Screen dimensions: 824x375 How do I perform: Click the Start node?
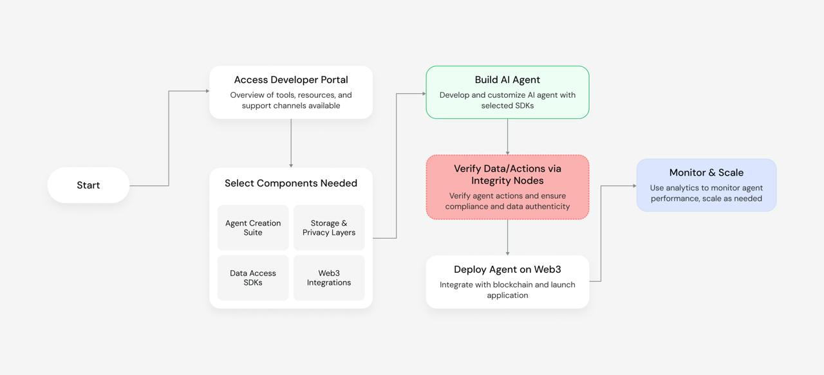(x=88, y=185)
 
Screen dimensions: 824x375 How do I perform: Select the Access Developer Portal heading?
(x=291, y=80)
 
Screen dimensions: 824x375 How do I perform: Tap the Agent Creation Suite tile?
(x=253, y=228)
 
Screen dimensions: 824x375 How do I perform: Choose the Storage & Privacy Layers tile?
(x=329, y=228)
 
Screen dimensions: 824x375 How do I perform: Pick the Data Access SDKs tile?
(x=253, y=278)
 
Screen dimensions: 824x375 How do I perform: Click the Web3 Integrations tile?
(x=329, y=278)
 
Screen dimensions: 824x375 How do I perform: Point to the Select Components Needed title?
(x=291, y=183)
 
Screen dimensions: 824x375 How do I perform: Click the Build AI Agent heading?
(x=507, y=80)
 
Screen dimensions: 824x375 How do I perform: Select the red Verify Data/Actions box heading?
(x=507, y=174)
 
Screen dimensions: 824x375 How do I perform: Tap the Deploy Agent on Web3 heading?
(x=507, y=270)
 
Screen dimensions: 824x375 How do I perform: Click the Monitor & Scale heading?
(x=706, y=172)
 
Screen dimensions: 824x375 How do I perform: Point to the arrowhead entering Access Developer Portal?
(x=207, y=91)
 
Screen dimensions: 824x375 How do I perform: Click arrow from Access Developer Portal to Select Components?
(x=291, y=143)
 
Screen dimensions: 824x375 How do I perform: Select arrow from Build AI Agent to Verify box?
(x=508, y=137)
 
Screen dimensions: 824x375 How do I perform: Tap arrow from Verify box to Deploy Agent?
(x=508, y=237)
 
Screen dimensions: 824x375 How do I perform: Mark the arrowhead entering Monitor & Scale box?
(x=635, y=186)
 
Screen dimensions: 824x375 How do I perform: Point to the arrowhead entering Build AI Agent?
(x=424, y=94)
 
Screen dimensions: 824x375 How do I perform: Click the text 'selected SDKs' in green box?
(x=507, y=105)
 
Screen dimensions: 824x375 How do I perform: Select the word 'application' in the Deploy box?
(x=507, y=295)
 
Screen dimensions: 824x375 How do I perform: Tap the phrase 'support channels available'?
(x=291, y=105)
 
